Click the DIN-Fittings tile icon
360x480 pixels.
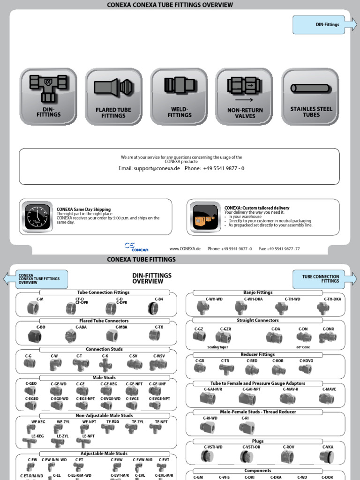click(48, 97)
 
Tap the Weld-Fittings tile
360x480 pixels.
click(179, 97)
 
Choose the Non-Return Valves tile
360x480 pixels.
click(245, 97)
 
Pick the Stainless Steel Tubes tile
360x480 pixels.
click(310, 97)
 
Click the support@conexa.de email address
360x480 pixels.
click(149, 168)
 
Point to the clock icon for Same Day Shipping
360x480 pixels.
click(37, 217)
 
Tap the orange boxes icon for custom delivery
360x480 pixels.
click(205, 217)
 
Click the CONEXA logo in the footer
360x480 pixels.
click(136, 247)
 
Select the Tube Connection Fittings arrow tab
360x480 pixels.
click(324, 279)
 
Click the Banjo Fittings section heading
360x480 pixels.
click(258, 292)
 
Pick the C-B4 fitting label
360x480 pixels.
click(159, 299)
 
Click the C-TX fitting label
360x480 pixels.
click(159, 327)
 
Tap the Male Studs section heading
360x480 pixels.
click(104, 377)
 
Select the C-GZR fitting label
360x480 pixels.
click(225, 329)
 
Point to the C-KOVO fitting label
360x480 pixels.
click(306, 361)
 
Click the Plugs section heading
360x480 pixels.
click(258, 441)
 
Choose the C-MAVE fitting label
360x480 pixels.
click(329, 389)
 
